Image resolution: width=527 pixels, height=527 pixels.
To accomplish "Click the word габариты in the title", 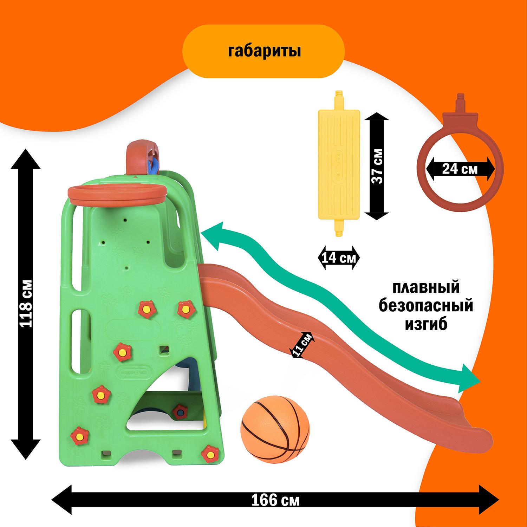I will click(264, 51).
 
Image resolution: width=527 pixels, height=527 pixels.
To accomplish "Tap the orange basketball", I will click(275, 429).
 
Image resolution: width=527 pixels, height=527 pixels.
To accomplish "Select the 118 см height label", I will click(26, 304).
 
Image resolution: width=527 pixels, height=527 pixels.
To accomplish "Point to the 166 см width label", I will click(275, 500).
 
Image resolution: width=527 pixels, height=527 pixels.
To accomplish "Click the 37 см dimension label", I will click(377, 166).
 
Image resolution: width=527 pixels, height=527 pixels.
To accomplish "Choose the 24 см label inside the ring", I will click(460, 169).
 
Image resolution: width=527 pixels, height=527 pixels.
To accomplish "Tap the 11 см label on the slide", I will click(302, 345).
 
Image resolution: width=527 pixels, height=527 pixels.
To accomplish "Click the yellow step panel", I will click(339, 163).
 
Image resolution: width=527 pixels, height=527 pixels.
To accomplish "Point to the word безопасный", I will click(426, 306).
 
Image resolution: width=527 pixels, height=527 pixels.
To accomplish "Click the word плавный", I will click(426, 287).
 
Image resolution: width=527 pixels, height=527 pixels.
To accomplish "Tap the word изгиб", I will click(426, 324).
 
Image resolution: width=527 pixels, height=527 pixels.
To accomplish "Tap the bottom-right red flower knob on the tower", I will click(210, 454).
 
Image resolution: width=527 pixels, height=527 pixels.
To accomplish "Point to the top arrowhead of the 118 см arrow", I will click(26, 158).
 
